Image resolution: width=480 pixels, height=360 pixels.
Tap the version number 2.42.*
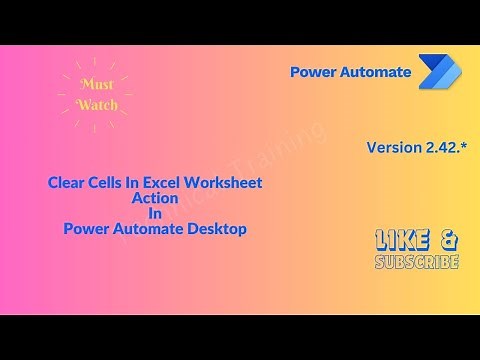tap(446, 147)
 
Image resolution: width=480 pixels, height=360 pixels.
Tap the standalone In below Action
tap(154, 213)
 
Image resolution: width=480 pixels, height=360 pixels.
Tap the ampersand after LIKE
tap(449, 240)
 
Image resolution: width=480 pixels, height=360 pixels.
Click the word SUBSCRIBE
tap(417, 262)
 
